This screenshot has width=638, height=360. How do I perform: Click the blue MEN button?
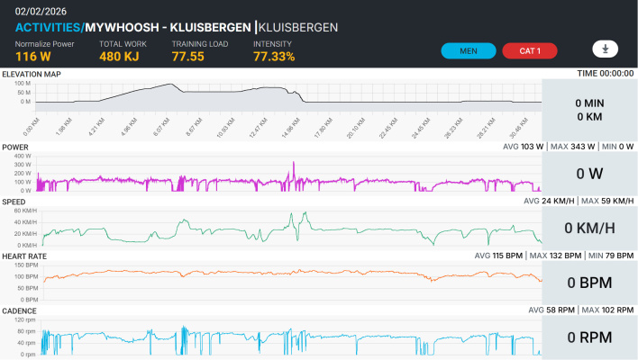pos(469,50)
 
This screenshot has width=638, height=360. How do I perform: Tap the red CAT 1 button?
pos(530,50)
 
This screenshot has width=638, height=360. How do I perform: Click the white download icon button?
pos(605,49)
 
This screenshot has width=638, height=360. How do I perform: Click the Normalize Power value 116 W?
pos(32,57)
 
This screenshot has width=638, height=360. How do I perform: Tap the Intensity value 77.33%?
pos(274,57)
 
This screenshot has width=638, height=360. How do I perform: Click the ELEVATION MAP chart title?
pos(32,74)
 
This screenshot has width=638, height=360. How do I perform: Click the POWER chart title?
pos(15,147)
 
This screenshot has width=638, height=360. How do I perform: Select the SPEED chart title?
pos(14,202)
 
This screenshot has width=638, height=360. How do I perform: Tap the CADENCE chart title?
pos(20,310)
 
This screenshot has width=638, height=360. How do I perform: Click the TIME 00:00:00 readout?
pos(605,74)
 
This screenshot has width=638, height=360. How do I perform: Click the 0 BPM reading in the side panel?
pos(589,283)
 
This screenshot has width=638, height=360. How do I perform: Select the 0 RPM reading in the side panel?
pos(589,337)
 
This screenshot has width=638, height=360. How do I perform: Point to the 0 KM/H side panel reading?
pos(589,228)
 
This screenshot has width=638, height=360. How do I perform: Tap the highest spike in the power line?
pos(293,163)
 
